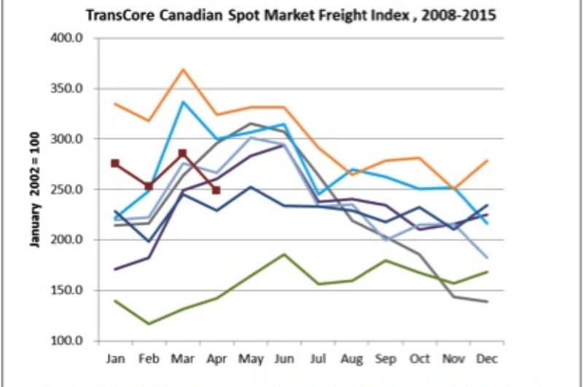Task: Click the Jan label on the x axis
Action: tap(116, 359)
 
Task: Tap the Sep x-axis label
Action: tap(386, 359)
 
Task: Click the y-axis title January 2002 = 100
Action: tap(34, 190)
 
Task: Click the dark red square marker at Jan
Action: tap(115, 164)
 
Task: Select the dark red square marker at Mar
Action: tap(183, 153)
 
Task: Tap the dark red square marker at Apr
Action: tap(216, 191)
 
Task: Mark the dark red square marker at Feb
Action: tap(149, 186)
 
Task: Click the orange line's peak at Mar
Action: tap(183, 69)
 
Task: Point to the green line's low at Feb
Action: tap(149, 324)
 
